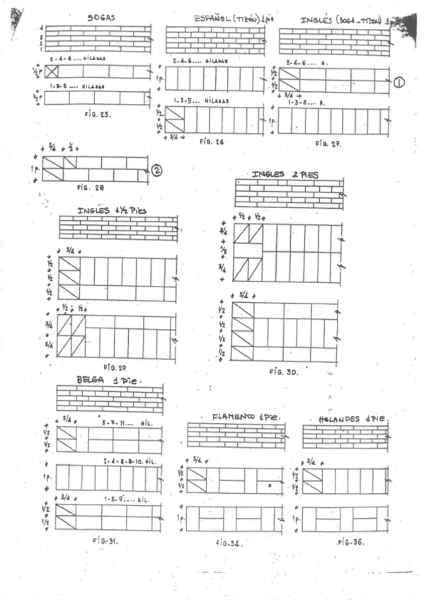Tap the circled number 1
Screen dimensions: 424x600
399,82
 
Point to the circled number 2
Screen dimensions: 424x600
156,170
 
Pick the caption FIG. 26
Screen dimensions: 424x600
211,142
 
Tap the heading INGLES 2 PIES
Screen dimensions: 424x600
285,174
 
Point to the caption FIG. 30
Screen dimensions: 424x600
283,371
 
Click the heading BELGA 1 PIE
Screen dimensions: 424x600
109,380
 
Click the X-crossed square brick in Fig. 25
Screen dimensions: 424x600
52,71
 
